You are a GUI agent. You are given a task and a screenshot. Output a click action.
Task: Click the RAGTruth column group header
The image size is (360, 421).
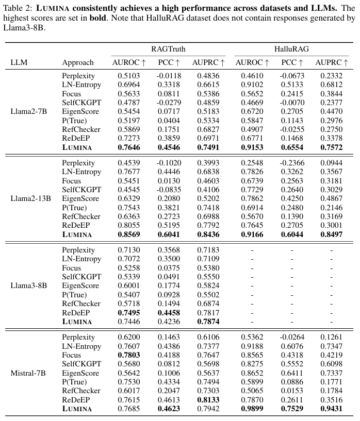click(x=168, y=49)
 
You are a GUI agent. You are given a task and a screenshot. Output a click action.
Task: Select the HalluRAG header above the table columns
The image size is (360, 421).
click(x=291, y=49)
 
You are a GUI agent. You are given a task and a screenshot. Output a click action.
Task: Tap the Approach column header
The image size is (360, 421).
click(x=78, y=62)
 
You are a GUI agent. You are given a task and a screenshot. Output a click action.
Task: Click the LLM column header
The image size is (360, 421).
click(x=19, y=62)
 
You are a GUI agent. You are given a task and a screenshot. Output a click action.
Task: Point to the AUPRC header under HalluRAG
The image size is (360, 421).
click(x=332, y=62)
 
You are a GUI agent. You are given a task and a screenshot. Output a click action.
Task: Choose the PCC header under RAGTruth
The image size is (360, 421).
click(x=168, y=62)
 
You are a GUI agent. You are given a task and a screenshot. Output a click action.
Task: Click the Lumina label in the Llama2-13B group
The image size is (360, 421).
click(x=77, y=234)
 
